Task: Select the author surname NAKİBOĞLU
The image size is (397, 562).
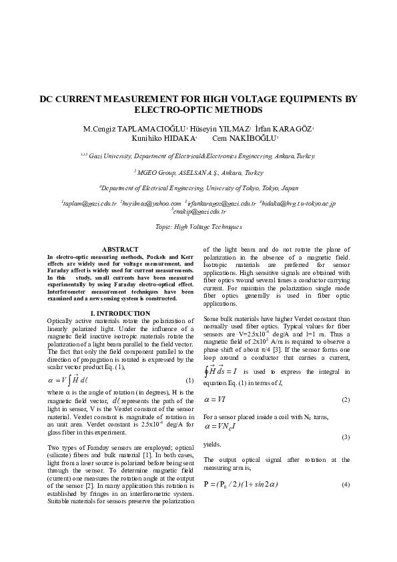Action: [x=254, y=138]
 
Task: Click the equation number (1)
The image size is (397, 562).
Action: [x=189, y=380]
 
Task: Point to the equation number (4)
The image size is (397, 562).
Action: [x=346, y=483]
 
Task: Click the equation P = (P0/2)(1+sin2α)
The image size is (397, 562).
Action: [x=250, y=483]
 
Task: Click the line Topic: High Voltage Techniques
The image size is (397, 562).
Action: [x=198, y=227]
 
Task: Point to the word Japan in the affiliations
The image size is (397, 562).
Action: [x=290, y=188]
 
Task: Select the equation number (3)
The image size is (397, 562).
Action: [x=346, y=437]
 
